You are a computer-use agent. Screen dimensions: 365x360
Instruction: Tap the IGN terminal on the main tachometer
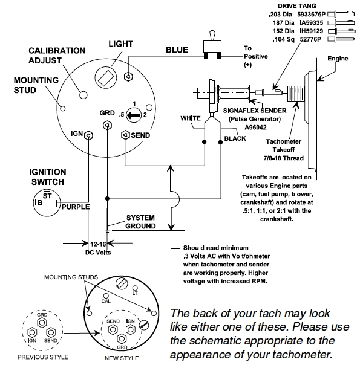88,134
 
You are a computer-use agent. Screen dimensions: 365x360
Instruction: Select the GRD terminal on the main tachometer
107,124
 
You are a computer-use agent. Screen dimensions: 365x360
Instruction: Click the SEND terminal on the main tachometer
125,134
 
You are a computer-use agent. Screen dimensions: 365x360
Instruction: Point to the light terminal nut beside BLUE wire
128,76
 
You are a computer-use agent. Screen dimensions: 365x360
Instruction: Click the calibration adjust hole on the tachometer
83,94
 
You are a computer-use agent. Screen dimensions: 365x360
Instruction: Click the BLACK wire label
235,138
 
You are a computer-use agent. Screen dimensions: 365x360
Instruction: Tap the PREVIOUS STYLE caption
41,357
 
